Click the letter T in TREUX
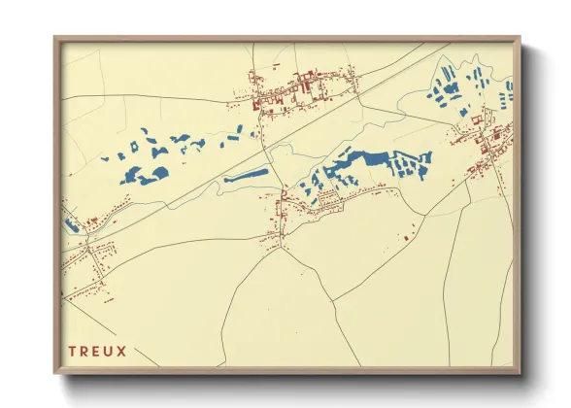coord(72,351)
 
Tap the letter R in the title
coord(85,351)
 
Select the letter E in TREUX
coord(99,351)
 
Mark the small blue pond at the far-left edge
coord(70,224)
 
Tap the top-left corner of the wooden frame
coord(54,39)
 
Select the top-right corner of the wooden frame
coord(519,39)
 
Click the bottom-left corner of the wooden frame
coord(54,373)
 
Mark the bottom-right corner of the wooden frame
coord(519,373)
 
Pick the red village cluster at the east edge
coord(490,146)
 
